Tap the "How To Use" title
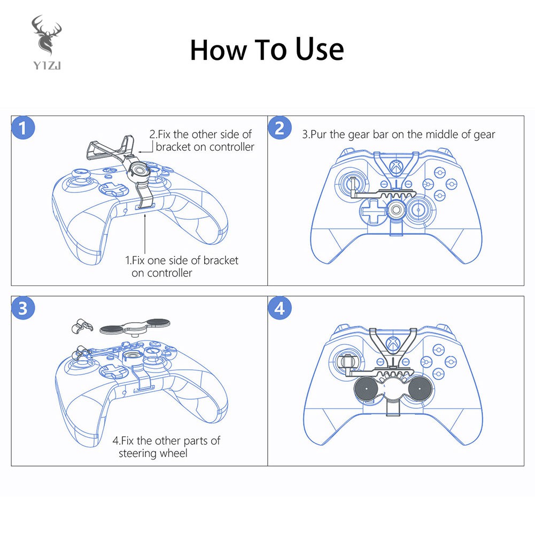267,50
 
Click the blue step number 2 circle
280,129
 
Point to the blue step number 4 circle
280,309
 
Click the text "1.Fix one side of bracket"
182,261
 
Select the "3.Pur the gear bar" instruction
398,134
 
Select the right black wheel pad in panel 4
420,388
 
